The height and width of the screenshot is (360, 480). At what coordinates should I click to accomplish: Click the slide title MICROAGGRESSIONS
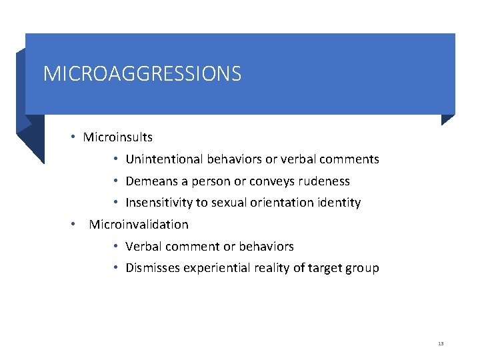(142, 73)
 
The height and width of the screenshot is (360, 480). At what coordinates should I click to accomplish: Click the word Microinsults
(117, 137)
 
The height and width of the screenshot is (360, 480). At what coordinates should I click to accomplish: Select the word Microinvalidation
(139, 225)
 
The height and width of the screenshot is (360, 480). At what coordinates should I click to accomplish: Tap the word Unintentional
(162, 159)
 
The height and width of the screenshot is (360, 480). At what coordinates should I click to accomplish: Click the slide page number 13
(441, 343)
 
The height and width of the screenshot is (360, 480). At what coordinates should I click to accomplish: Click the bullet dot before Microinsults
(73, 137)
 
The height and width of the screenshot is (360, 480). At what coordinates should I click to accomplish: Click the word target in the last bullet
(324, 268)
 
